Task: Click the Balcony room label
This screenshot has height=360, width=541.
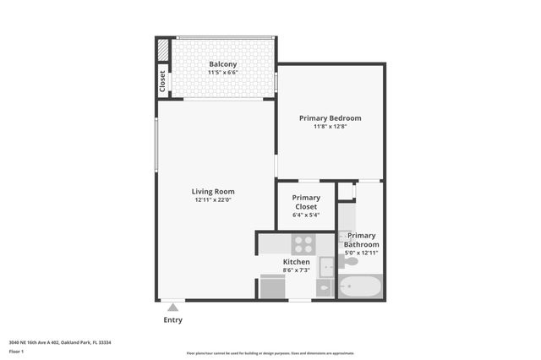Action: (x=222, y=64)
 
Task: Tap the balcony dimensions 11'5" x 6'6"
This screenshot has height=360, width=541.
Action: (x=222, y=74)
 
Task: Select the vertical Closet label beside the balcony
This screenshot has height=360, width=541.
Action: (x=162, y=80)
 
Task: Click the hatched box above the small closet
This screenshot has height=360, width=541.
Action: (x=162, y=50)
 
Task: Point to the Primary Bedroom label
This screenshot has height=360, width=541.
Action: (x=331, y=117)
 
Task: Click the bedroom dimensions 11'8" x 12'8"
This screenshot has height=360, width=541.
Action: (x=331, y=127)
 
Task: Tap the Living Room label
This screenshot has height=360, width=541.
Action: (x=213, y=191)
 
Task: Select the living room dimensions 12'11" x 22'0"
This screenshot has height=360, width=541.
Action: (x=213, y=200)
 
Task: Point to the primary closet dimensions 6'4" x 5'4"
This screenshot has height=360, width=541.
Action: (x=306, y=215)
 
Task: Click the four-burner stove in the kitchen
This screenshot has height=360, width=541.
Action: (x=303, y=244)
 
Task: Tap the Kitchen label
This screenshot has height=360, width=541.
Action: (x=296, y=263)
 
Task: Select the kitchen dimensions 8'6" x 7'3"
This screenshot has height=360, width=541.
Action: (x=296, y=272)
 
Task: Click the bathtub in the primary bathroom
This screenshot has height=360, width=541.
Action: (x=360, y=286)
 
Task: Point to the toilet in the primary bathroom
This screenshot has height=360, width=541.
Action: (x=347, y=261)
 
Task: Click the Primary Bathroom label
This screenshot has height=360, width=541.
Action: (x=362, y=240)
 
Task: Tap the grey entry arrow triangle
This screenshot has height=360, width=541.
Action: (x=172, y=308)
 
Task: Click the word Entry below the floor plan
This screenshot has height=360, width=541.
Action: (x=172, y=320)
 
